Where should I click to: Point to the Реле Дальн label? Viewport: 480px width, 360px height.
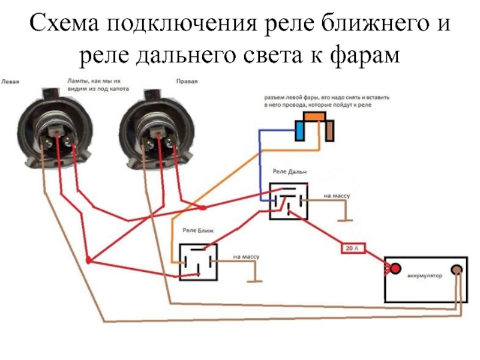point(290,172)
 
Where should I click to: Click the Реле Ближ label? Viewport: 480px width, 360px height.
point(198,230)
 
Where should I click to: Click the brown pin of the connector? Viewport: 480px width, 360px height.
point(329,131)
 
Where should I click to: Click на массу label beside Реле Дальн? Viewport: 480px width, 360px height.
point(337,196)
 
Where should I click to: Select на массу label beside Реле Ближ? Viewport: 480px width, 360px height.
point(246,256)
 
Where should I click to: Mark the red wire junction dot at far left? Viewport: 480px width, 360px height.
point(89,260)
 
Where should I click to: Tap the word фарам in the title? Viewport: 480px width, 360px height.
point(365,55)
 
